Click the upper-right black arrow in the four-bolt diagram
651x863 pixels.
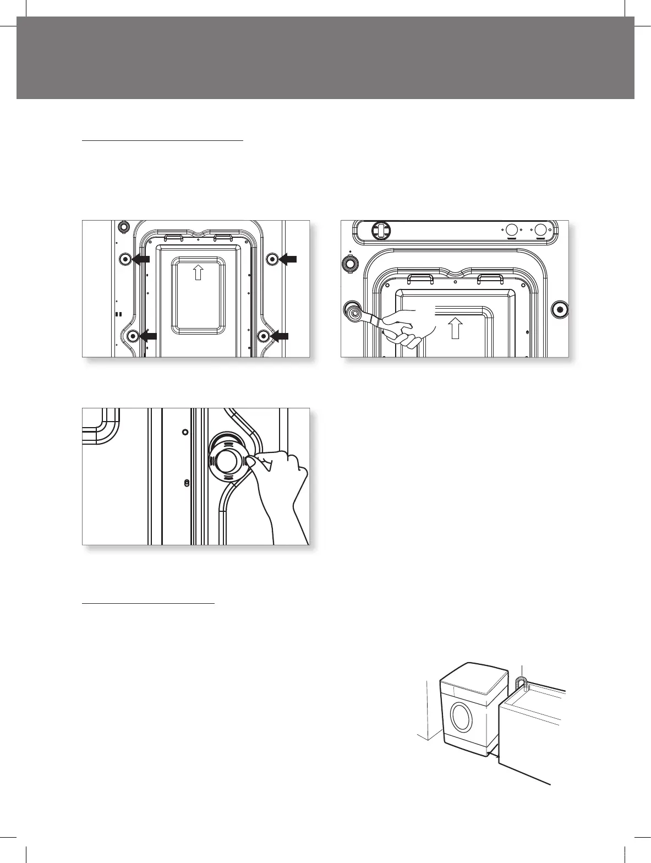[x=288, y=259]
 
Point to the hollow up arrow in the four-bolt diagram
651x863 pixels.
[x=199, y=272]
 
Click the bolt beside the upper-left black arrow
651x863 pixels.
[x=125, y=259]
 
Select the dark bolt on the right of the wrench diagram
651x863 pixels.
[x=560, y=309]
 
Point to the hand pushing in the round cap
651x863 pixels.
[x=281, y=484]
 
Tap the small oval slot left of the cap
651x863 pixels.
[x=187, y=483]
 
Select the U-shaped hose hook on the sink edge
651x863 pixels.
[x=522, y=684]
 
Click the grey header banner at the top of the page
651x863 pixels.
[x=325, y=57]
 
